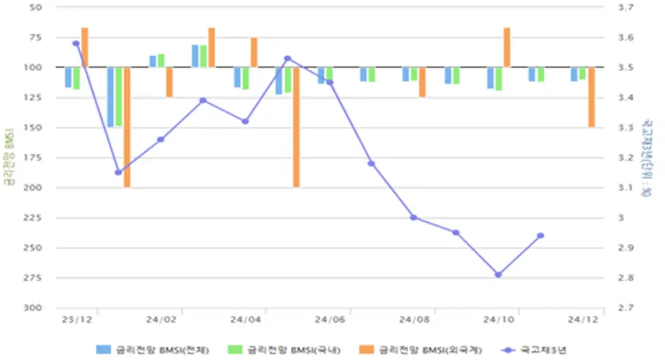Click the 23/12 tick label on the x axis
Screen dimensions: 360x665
tap(76, 319)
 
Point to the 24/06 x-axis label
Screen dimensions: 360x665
tap(330, 319)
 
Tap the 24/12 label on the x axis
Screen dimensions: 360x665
tap(583, 319)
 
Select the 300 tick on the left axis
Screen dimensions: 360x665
tap(35, 308)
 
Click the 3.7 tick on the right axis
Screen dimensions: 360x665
tap(626, 7)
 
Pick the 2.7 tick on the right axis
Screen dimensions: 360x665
tap(626, 308)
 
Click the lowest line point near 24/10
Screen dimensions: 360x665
tap(498, 274)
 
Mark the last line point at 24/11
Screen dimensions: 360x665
tap(540, 236)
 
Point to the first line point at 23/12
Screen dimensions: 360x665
tap(76, 44)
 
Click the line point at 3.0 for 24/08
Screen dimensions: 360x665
tap(414, 217)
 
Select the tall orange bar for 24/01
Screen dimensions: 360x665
tap(127, 127)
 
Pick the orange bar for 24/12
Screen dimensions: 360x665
tap(591, 97)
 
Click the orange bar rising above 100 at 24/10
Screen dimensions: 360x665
tap(507, 47)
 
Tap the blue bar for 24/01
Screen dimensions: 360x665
tap(110, 97)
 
